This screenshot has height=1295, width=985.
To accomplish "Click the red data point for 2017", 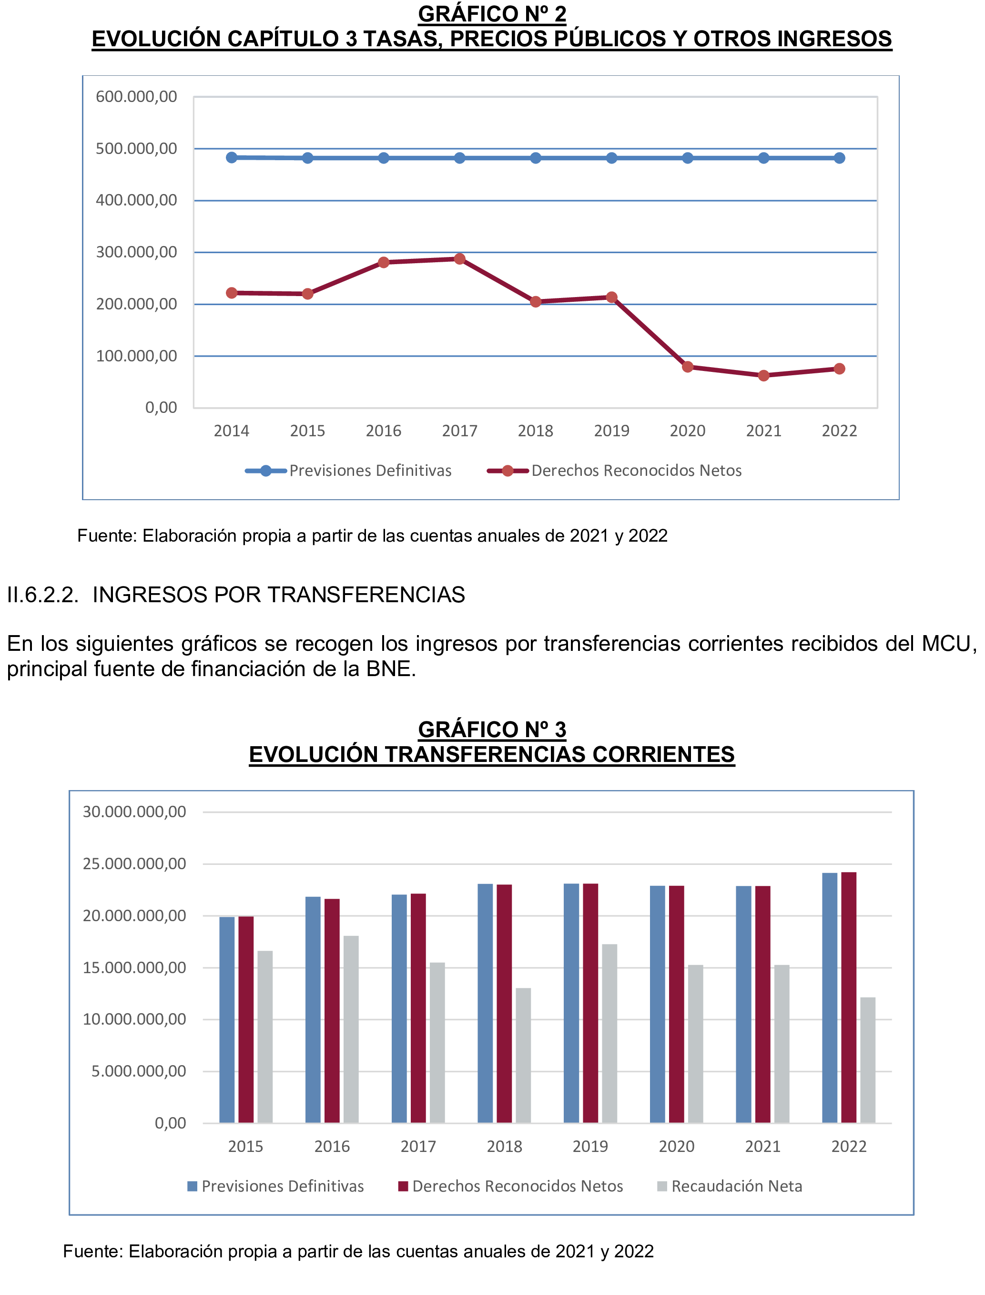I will (460, 258).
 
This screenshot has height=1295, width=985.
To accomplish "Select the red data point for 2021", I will (763, 375).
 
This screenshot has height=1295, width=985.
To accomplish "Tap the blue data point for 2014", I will (232, 157).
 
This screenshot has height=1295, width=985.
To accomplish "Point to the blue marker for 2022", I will (839, 158).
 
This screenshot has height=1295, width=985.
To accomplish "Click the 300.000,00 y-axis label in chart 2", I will (136, 252).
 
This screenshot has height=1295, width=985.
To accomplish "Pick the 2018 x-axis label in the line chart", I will (535, 431).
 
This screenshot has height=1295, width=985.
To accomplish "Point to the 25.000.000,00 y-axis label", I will (134, 864).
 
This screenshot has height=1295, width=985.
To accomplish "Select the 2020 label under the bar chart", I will (676, 1146).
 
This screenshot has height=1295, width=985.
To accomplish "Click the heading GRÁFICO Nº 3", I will (492, 729).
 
